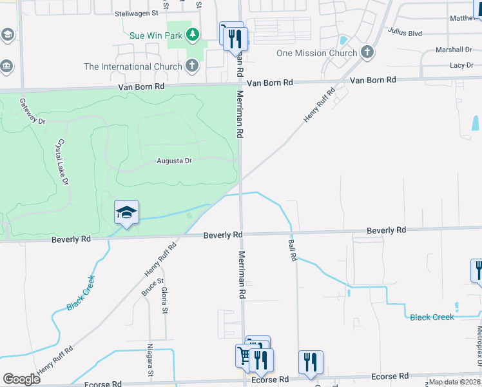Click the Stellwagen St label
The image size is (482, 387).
pyautogui.click(x=136, y=13)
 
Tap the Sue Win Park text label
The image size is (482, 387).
pyautogui.click(x=156, y=35)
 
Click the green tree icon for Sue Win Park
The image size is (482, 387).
pyautogui.click(x=191, y=34)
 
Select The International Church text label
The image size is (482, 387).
pyautogui.click(x=133, y=66)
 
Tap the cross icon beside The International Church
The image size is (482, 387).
pyautogui.click(x=191, y=66)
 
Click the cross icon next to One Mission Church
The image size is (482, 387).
pyautogui.click(x=367, y=52)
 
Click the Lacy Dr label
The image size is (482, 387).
pyautogui.click(x=461, y=66)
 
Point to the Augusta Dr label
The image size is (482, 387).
pyautogui.click(x=174, y=161)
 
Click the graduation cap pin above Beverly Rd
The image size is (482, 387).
pyautogui.click(x=126, y=212)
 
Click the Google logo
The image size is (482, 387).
pyautogui.click(x=21, y=380)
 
